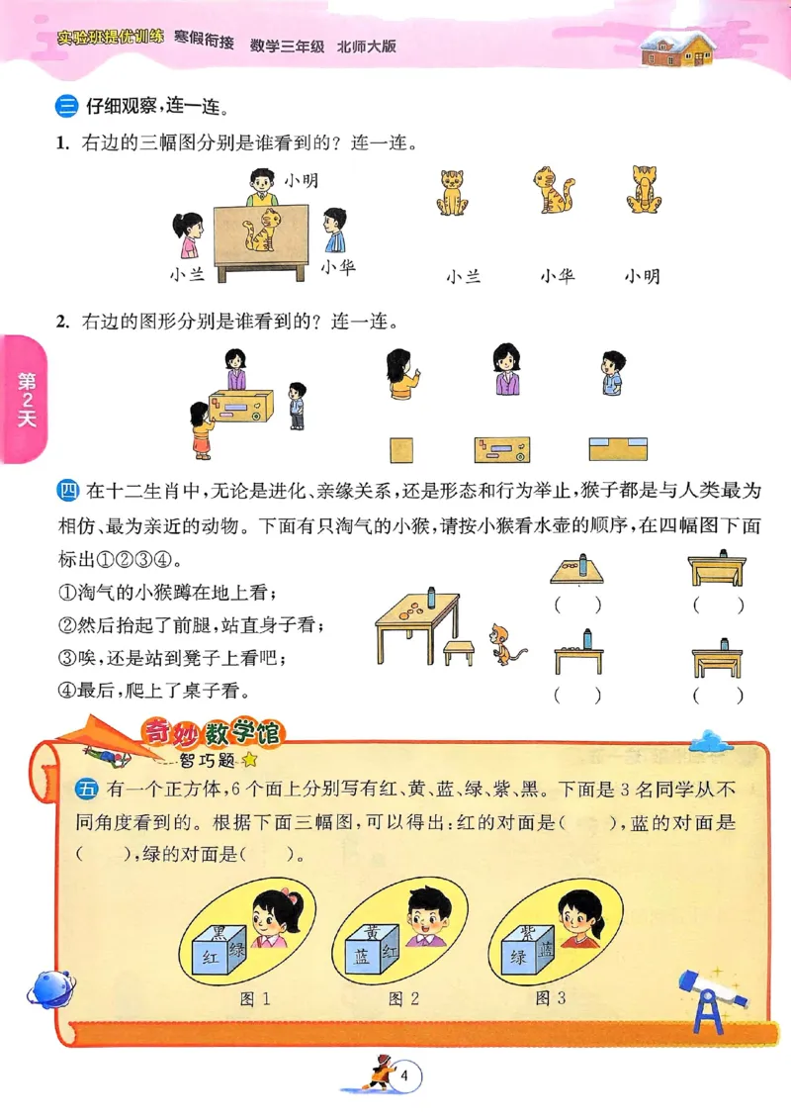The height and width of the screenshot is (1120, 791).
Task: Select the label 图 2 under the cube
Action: tap(403, 998)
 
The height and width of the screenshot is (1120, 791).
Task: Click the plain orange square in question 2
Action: tap(401, 447)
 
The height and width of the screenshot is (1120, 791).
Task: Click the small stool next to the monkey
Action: tap(458, 651)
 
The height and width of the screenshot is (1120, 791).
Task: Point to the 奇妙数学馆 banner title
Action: tap(214, 733)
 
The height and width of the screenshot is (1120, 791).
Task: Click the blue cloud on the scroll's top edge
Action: tap(708, 739)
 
